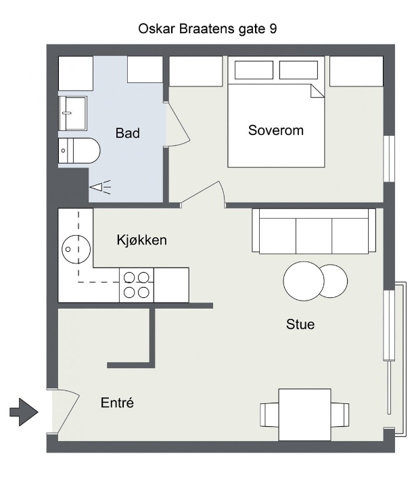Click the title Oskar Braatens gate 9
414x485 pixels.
(x=207, y=29)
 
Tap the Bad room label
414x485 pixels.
(x=128, y=133)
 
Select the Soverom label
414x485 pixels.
(x=275, y=130)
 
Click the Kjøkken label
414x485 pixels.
(x=142, y=240)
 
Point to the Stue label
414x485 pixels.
(x=300, y=324)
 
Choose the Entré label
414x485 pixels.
(x=117, y=403)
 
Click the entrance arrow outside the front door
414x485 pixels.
(x=24, y=412)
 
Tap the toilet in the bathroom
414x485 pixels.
(x=79, y=151)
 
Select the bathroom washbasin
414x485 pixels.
(x=73, y=113)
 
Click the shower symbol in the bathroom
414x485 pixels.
(x=100, y=187)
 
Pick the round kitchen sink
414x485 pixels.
(x=76, y=249)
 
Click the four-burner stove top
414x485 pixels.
(x=137, y=285)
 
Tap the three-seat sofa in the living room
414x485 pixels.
(x=314, y=231)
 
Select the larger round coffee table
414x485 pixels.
(x=304, y=281)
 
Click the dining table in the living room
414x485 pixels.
(x=304, y=415)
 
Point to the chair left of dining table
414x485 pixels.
(x=269, y=415)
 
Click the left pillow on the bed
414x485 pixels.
(x=254, y=70)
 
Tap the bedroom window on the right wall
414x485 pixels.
(x=389, y=159)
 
